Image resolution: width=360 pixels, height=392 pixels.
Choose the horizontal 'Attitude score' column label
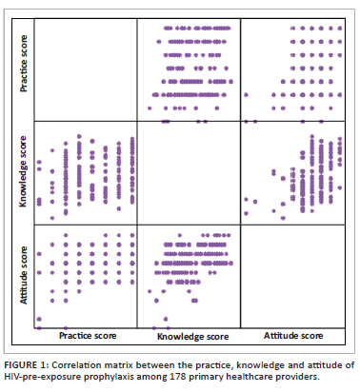pyautogui.click(x=293, y=336)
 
